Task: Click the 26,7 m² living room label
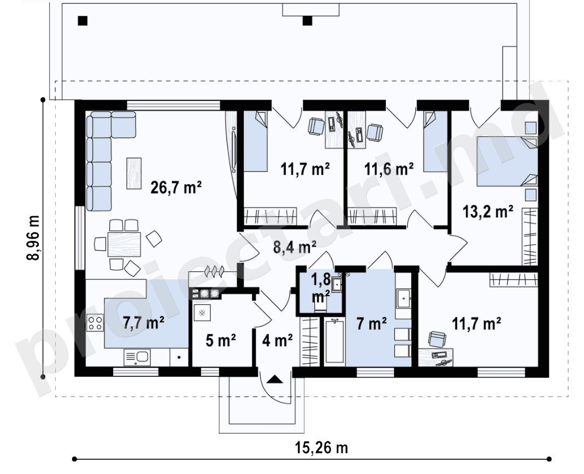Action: pos(176,188)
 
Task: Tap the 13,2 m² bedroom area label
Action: pos(488,211)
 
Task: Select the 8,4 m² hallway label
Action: pos(295,247)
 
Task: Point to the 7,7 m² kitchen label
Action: pos(144,322)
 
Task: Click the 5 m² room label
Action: pos(221,340)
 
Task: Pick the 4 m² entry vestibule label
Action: pos(278,340)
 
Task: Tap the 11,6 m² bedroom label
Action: pos(388,169)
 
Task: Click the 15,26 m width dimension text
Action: pos(321,447)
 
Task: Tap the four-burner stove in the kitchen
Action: pos(95,323)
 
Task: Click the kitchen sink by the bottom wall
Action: pos(137,358)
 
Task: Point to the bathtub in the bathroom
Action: pos(334,341)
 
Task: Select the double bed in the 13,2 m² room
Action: pos(508,161)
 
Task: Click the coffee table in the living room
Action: pos(134,173)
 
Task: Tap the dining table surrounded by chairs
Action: pos(125,244)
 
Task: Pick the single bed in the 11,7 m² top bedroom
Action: pos(256,141)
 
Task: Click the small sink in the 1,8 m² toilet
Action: pos(337,284)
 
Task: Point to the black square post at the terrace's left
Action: pos(82,21)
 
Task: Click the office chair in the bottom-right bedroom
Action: pos(437,339)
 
